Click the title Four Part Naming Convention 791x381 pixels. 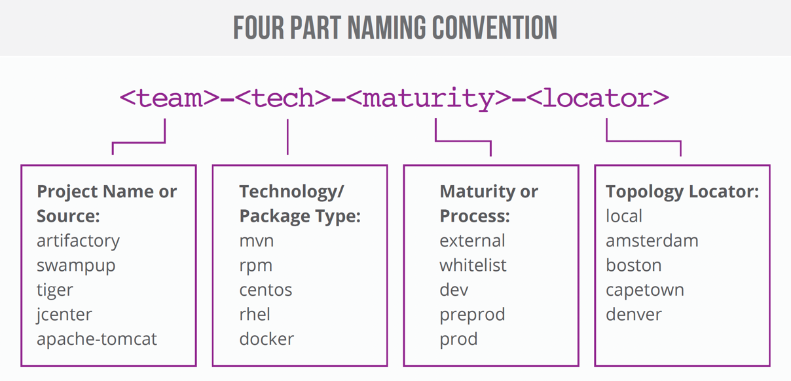point(395,28)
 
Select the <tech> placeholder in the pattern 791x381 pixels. point(283,98)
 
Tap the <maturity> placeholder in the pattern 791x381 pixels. point(429,98)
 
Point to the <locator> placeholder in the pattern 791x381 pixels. point(597,98)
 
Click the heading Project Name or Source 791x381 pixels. point(107,203)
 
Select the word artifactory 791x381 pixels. point(78,241)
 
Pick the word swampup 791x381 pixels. point(76,266)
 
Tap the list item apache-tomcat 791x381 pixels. point(97,339)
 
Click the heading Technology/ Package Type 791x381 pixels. point(299,203)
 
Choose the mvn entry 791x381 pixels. point(257,241)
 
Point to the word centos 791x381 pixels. point(266,290)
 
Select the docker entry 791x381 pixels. point(267,339)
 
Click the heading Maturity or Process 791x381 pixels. point(488,203)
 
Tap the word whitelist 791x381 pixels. point(473,266)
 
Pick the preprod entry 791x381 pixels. point(472,315)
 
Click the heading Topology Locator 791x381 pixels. point(682,191)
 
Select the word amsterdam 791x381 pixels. point(652,241)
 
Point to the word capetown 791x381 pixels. point(644,290)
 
